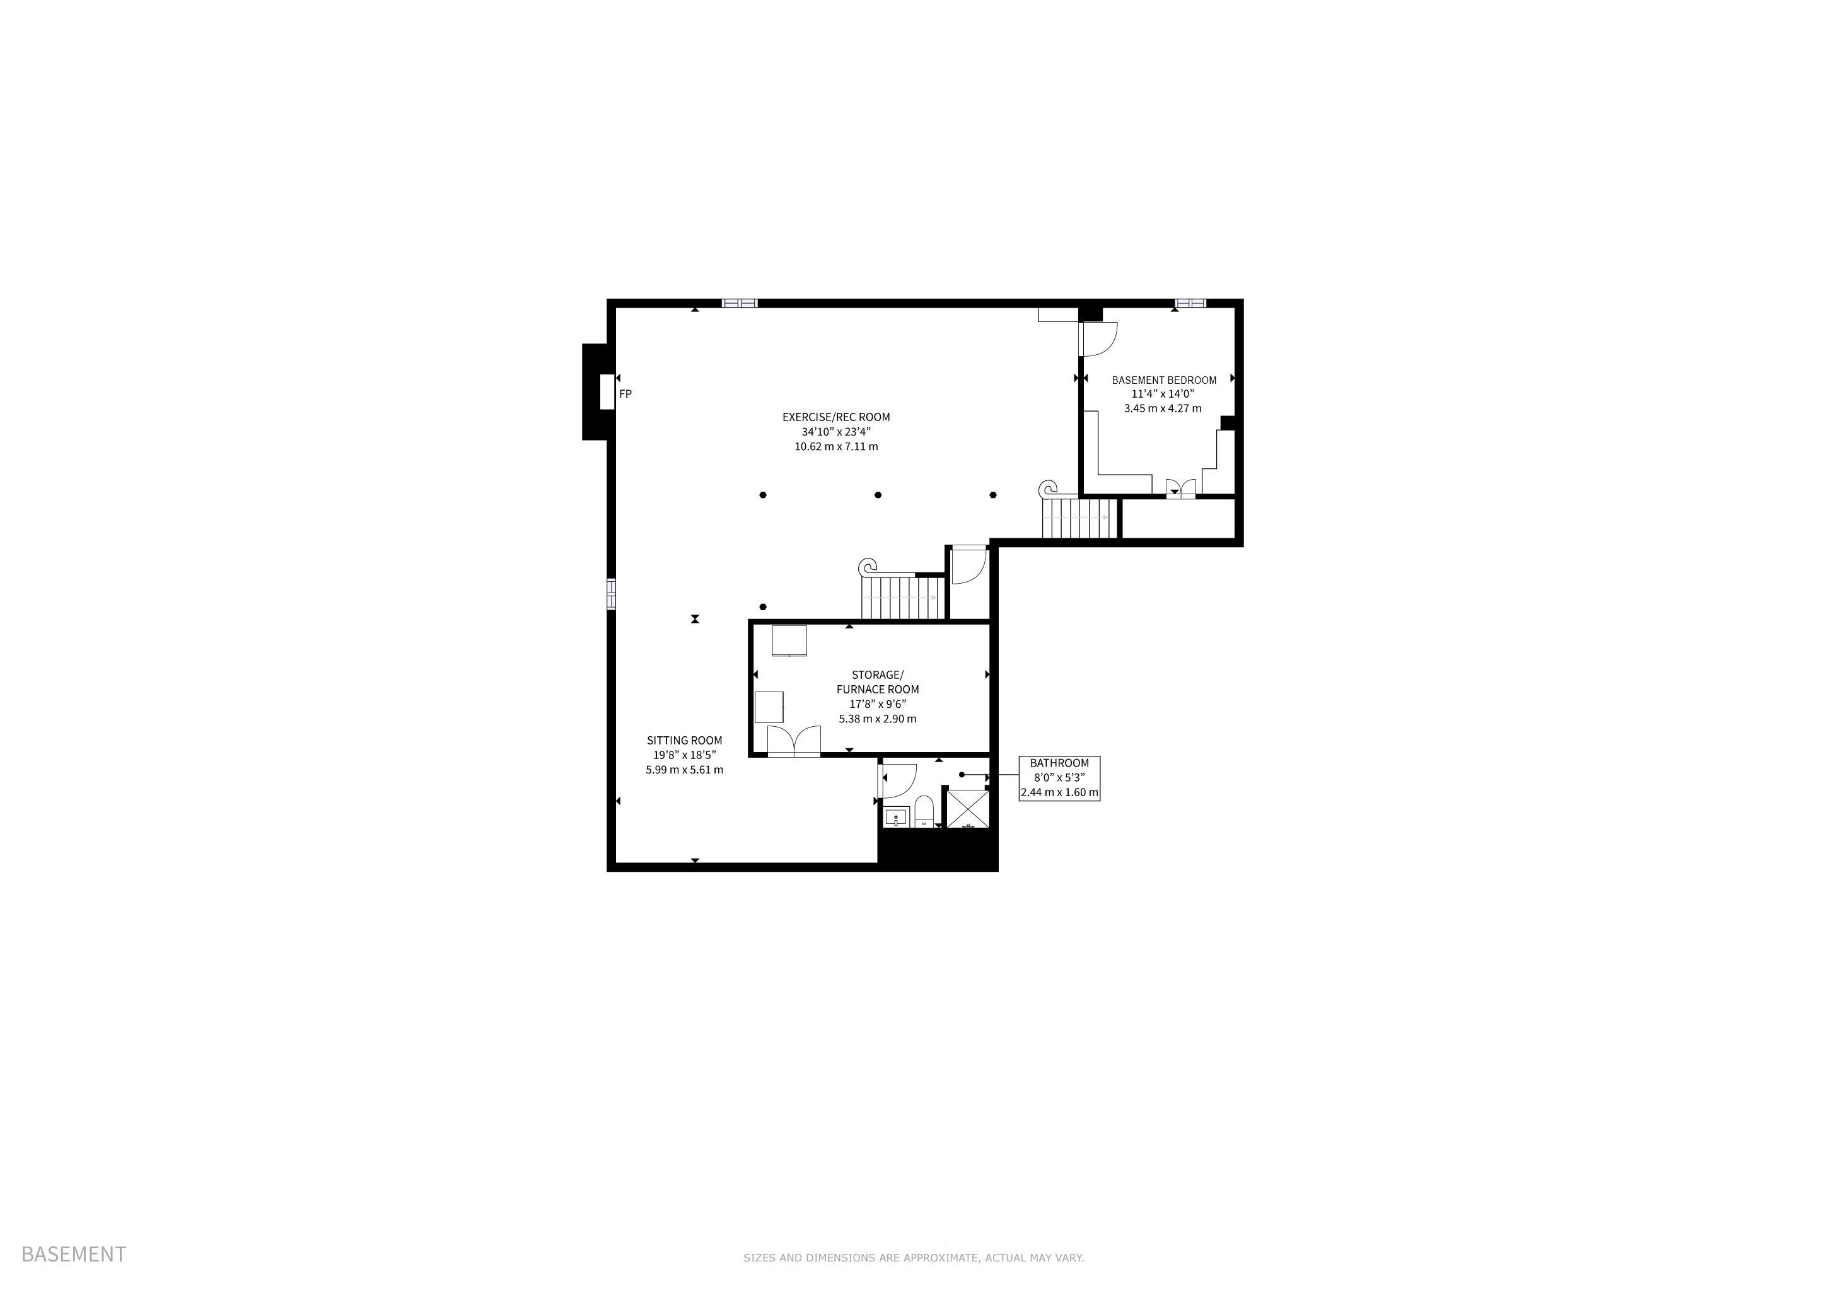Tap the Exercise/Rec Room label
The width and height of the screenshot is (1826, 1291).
(836, 417)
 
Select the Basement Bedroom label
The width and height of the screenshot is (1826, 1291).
(1163, 380)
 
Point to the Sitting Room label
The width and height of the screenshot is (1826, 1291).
(684, 740)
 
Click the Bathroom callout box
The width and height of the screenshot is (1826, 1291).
(1059, 779)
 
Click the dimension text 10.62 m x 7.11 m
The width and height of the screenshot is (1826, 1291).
(836, 447)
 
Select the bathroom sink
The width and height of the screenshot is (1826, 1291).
(897, 817)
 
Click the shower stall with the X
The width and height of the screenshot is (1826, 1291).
(968, 809)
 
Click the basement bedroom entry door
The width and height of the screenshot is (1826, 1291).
(1098, 338)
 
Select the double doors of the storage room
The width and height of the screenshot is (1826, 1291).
(794, 741)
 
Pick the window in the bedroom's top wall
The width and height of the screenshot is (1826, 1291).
(1190, 303)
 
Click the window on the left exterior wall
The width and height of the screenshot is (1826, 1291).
(612, 594)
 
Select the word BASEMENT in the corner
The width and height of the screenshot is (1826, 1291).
(73, 1254)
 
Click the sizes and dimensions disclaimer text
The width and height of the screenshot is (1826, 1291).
(913, 1258)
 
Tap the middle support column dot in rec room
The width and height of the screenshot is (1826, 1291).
(878, 494)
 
